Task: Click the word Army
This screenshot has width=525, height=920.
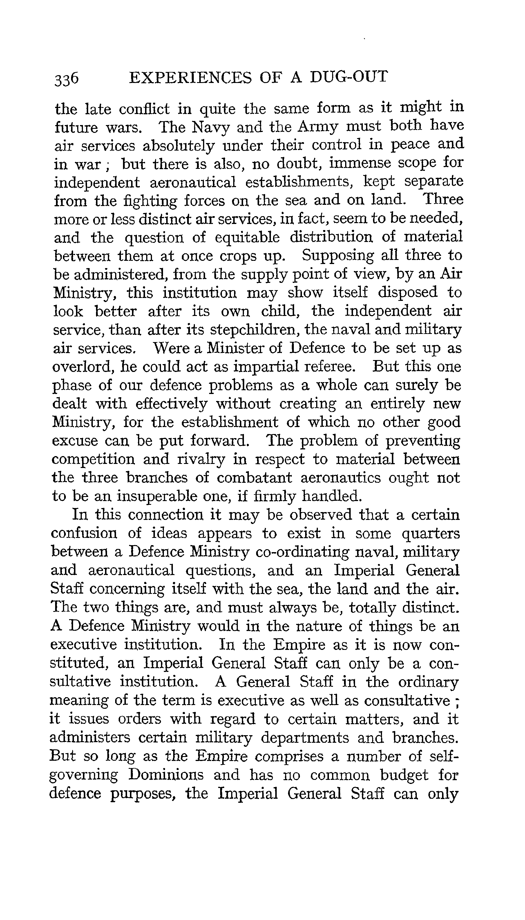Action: [x=318, y=126]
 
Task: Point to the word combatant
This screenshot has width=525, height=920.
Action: [x=254, y=478]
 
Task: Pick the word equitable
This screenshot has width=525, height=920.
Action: [x=247, y=237]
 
